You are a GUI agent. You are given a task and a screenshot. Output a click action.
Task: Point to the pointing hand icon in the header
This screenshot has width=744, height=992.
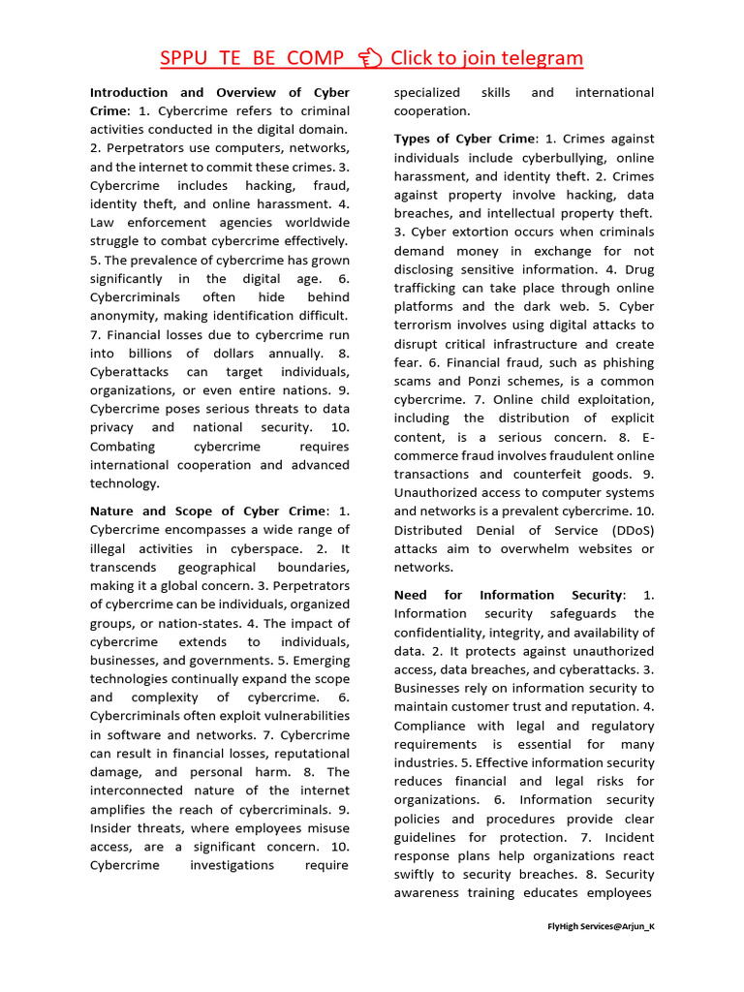coord(368,58)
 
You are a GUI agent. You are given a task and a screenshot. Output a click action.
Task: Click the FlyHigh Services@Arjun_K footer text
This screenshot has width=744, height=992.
coord(601,926)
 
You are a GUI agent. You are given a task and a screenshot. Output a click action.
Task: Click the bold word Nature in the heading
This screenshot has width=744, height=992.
coord(113,511)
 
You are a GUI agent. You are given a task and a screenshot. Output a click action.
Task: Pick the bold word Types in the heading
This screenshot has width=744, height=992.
coord(414,139)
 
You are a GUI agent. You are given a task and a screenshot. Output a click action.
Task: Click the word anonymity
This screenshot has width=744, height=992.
coord(128,315)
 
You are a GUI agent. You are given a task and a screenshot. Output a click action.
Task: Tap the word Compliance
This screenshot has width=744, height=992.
coord(432,726)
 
